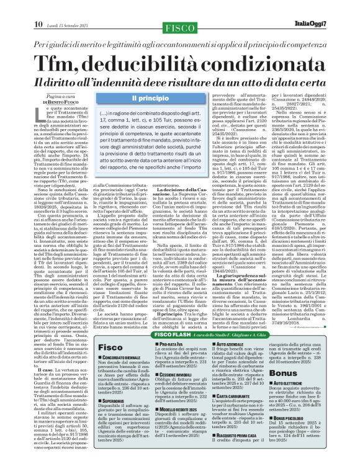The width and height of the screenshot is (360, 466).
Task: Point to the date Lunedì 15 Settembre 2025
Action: (x=70, y=7)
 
